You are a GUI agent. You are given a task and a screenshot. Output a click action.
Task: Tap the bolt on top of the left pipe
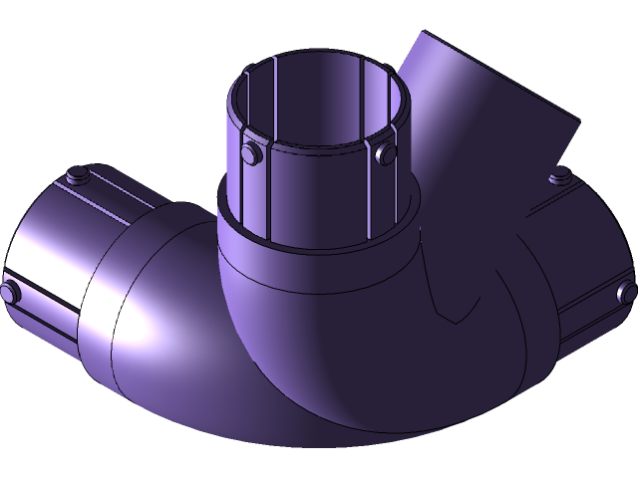click(74, 177)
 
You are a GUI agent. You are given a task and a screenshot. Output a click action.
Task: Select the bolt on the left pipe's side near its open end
click(10, 292)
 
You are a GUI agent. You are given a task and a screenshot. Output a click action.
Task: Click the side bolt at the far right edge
click(627, 292)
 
